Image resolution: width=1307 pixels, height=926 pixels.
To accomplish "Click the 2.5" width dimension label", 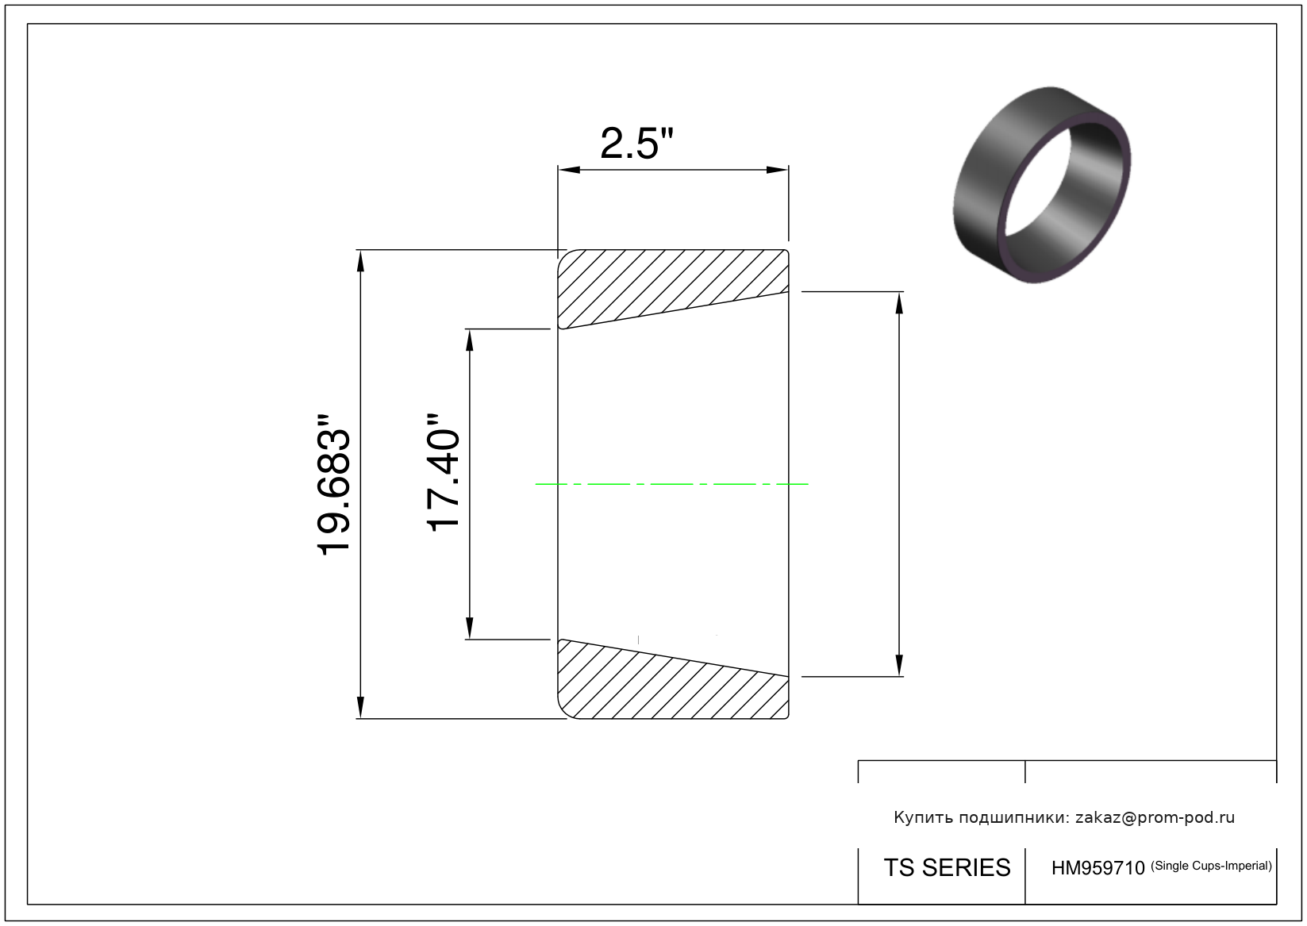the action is [x=636, y=144].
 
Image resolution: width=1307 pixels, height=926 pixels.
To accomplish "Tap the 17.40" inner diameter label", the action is [x=444, y=473].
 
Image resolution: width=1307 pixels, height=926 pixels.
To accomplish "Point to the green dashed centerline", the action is [x=671, y=484].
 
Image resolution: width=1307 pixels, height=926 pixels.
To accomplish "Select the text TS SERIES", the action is [x=947, y=867].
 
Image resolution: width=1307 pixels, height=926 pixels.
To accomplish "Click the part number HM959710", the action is [x=1097, y=868].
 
